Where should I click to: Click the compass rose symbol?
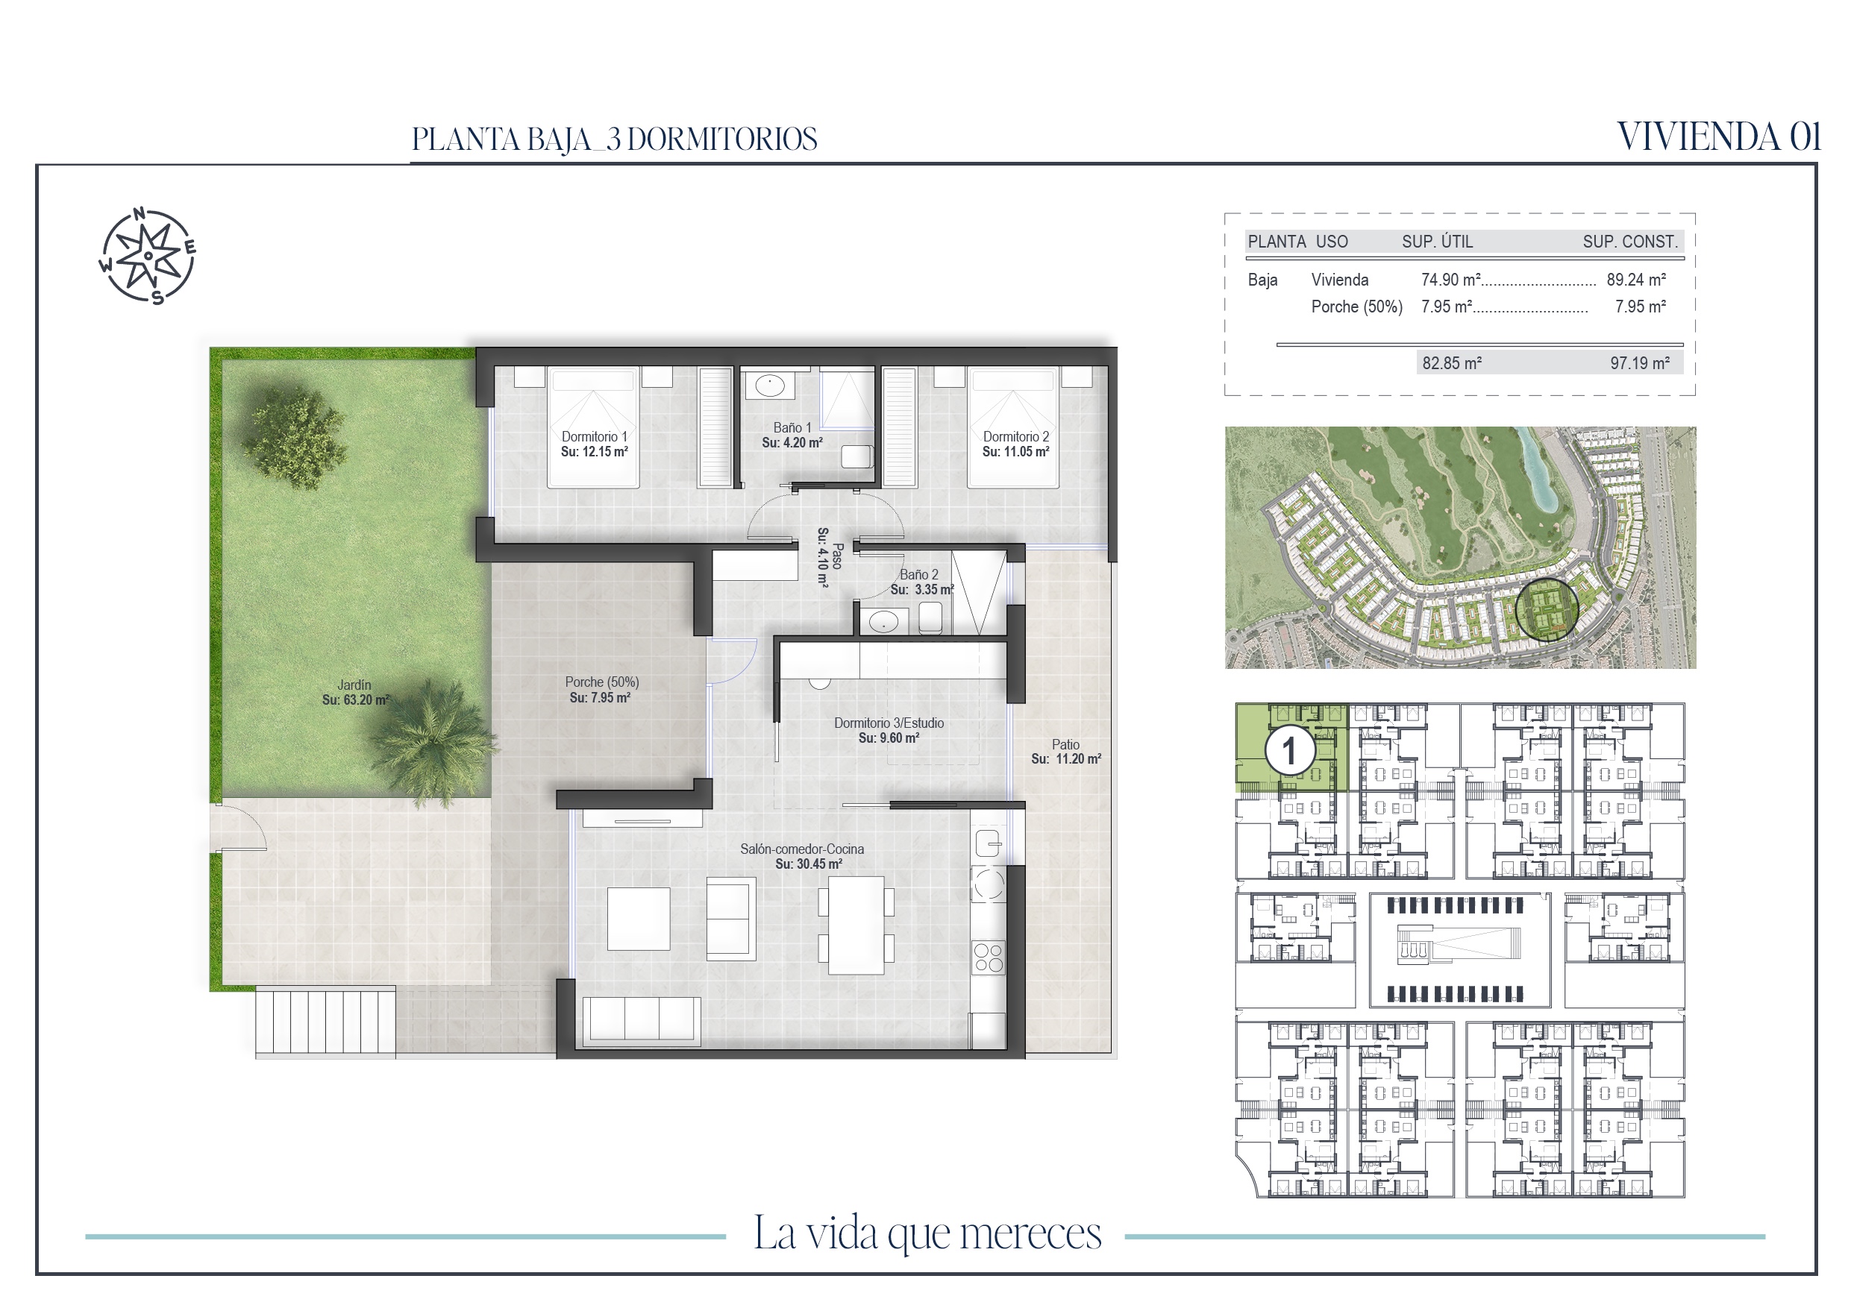(x=148, y=256)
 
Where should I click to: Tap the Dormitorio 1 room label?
(x=594, y=436)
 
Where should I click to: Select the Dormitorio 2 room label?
(x=1016, y=436)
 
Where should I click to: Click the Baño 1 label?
(x=792, y=428)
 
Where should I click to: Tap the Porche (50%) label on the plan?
(x=601, y=682)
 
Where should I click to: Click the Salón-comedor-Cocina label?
(x=802, y=849)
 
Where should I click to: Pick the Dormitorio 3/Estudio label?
(x=889, y=723)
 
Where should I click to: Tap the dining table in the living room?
(x=856, y=925)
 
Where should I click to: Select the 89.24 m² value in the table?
(x=1635, y=280)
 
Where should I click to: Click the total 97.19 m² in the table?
(x=1640, y=363)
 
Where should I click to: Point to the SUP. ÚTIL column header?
(x=1438, y=242)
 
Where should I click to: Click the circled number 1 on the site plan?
(x=1290, y=751)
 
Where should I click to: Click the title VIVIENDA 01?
(x=1719, y=137)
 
